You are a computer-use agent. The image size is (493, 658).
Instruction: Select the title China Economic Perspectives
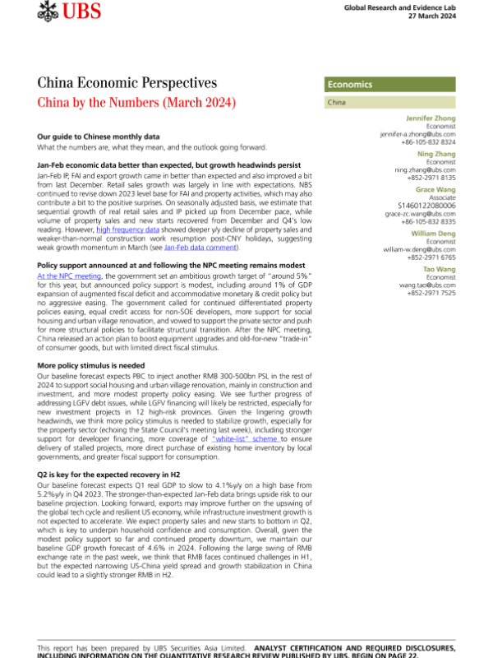coord(127,83)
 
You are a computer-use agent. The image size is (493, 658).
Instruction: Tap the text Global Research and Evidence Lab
coord(408,7)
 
